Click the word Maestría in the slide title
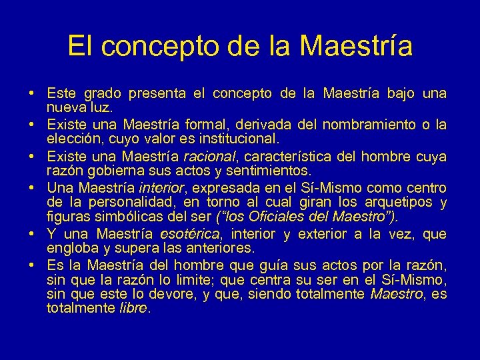click(357, 46)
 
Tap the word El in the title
click(80, 46)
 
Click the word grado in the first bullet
click(99, 94)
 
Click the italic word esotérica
click(191, 234)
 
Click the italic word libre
click(133, 308)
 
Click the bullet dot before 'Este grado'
click(32, 94)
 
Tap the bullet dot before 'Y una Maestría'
click(32, 234)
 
